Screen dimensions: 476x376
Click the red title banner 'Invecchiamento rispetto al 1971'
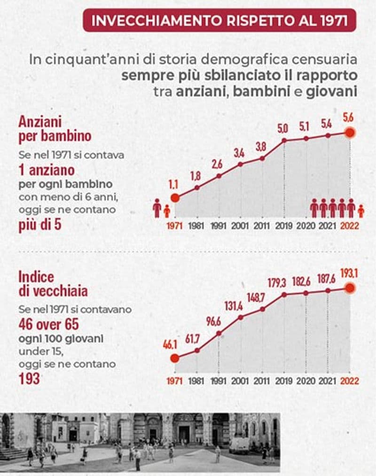[x=219, y=21]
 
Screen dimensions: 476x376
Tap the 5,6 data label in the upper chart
[x=349, y=117]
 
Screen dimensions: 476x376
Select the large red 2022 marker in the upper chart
[x=350, y=133]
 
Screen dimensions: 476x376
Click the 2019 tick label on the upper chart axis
[x=283, y=225]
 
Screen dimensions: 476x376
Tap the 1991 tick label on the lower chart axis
[x=218, y=381]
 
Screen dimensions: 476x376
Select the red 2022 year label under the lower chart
[x=349, y=381]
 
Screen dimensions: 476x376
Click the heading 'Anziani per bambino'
[x=55, y=129]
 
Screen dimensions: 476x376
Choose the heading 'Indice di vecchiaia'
[x=53, y=283]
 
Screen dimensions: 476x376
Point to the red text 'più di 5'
[x=40, y=226]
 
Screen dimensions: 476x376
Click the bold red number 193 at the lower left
[x=29, y=379]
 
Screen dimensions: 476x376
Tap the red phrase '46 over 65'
[x=48, y=324]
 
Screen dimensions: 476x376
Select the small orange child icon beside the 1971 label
[x=167, y=211]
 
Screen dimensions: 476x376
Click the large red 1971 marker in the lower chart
[x=175, y=358]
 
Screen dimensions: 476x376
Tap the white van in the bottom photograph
[x=239, y=445]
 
